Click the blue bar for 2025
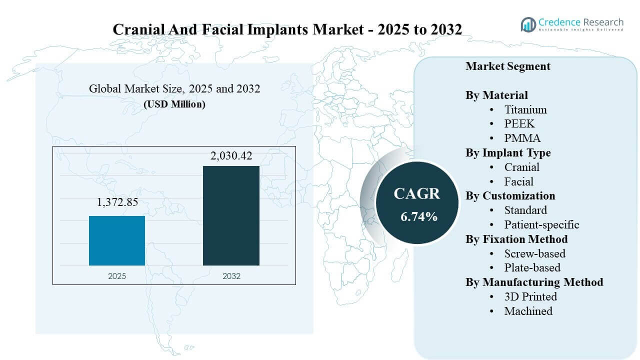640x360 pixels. [117, 240]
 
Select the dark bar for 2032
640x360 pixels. [231, 215]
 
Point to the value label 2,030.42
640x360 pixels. [231, 156]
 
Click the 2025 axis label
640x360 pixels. [117, 276]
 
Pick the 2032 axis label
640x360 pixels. [231, 276]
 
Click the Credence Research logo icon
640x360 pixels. [528, 24]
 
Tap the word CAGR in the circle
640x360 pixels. [416, 194]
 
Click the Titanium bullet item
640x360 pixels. [525, 109]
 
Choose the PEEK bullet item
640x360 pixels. [519, 124]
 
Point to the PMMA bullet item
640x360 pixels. [522, 138]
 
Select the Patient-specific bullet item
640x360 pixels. [541, 224]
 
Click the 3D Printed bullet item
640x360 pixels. [530, 296]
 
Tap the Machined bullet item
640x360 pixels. [528, 311]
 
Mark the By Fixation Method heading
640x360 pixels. [516, 239]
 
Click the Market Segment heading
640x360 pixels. [508, 66]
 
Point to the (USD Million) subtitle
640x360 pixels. [174, 104]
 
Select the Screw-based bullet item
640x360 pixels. [535, 253]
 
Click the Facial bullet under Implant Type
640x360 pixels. [518, 181]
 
